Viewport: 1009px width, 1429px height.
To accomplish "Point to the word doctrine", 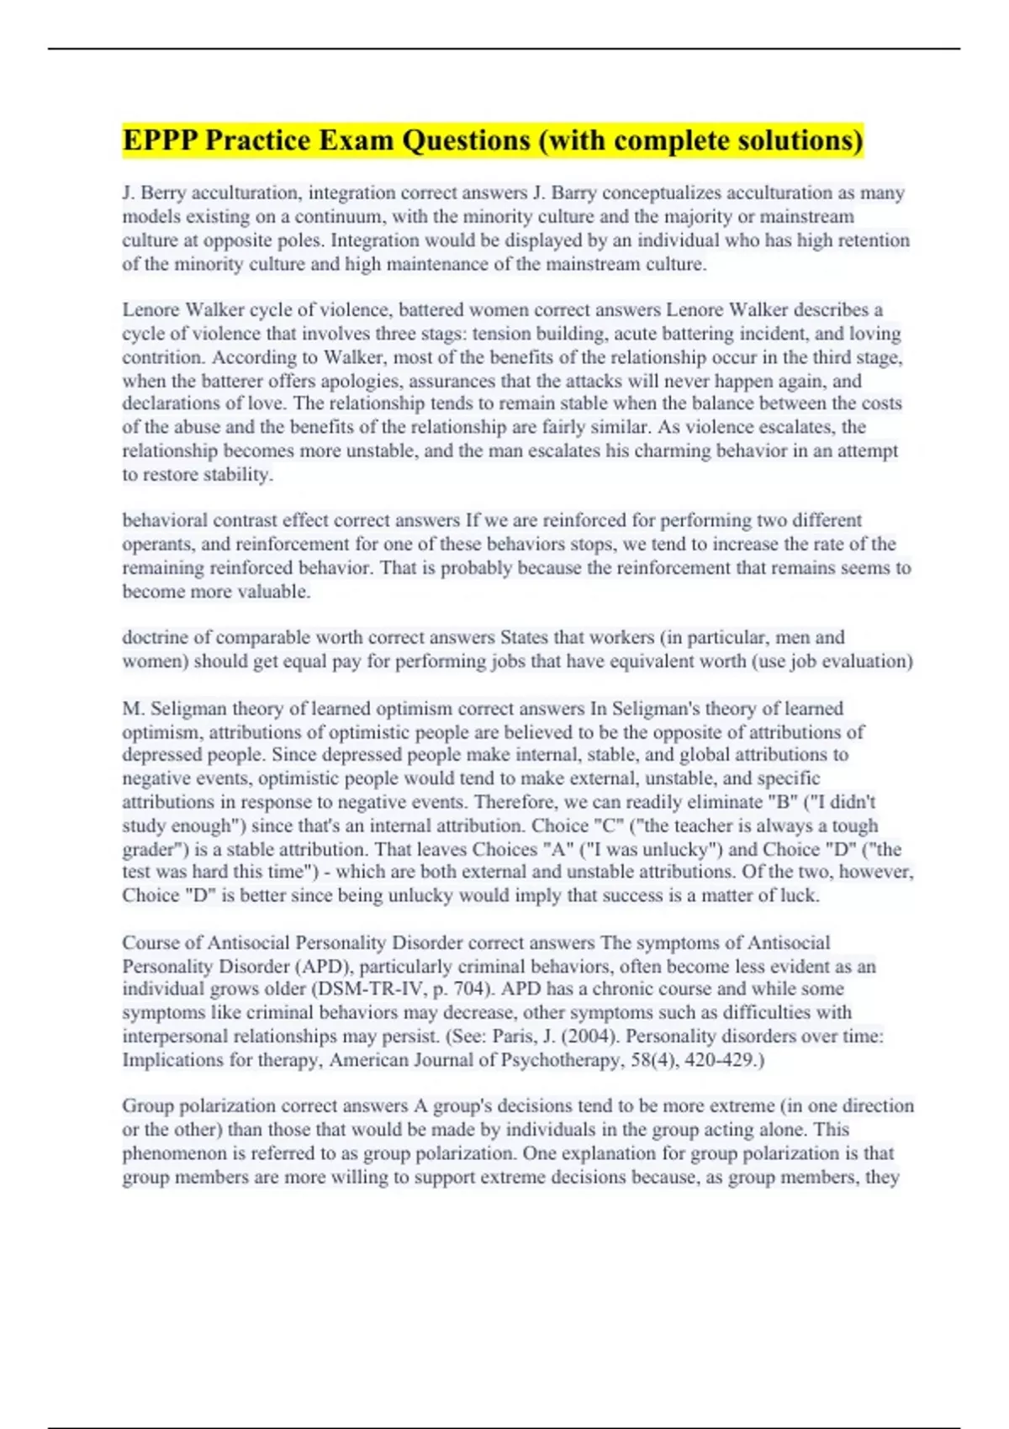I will (156, 637).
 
